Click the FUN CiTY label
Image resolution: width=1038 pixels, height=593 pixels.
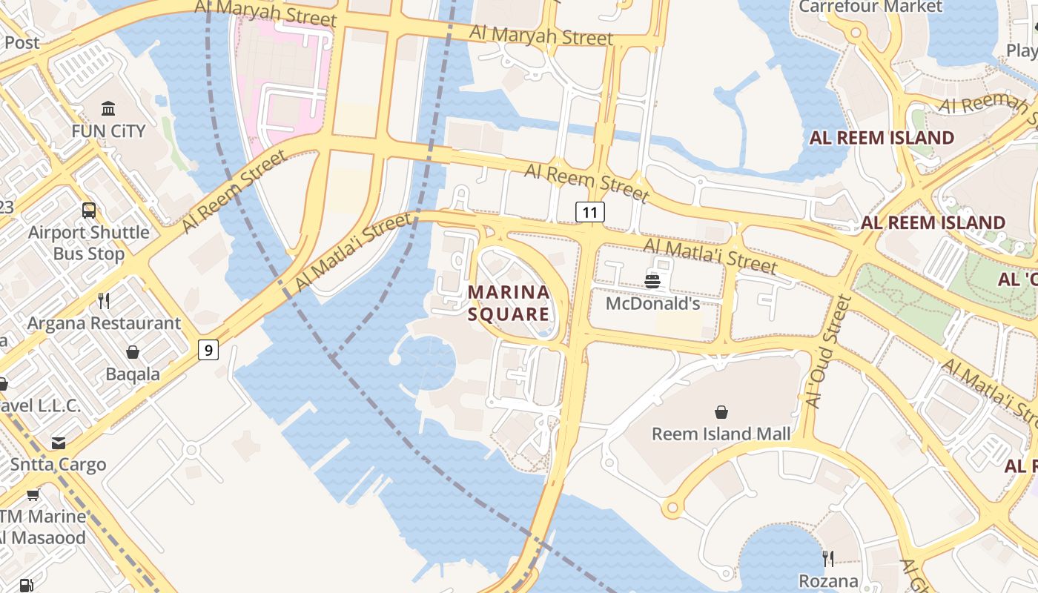108,131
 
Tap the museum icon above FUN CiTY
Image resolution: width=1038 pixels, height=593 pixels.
108,109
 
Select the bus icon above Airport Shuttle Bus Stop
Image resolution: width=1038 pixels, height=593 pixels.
89,211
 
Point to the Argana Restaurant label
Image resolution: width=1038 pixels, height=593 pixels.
104,323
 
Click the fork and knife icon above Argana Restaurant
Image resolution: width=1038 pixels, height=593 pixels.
104,300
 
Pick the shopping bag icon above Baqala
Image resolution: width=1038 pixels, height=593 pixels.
133,351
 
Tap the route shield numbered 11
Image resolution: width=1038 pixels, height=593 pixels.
590,213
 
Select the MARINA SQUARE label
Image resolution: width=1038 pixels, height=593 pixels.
509,302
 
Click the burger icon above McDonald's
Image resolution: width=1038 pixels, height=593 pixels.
652,281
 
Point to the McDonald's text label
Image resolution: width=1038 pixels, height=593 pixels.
652,303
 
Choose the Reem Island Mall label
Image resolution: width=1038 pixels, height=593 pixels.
721,434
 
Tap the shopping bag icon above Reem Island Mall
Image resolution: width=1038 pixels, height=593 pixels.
721,412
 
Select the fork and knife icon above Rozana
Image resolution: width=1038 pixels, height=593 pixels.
828,558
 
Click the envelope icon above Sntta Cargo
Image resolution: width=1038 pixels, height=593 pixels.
59,443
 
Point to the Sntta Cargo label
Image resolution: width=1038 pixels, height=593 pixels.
59,465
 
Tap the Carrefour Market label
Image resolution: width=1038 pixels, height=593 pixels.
870,7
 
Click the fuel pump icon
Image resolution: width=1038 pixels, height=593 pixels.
26,585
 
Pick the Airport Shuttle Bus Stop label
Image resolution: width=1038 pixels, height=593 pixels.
89,242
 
